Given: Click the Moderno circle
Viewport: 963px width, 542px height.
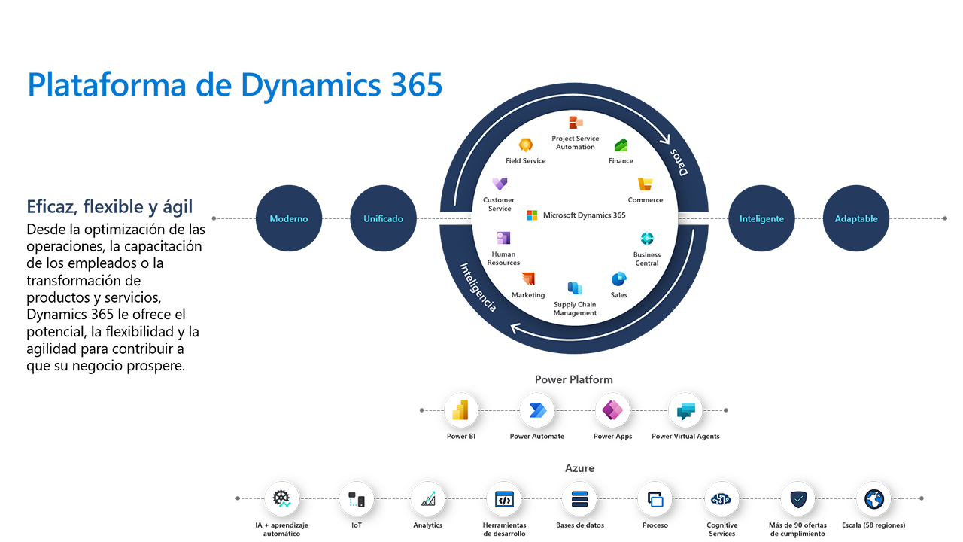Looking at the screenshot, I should point(289,218).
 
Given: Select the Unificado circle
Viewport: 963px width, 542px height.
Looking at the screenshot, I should point(384,218).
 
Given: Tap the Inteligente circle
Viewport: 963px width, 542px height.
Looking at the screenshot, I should point(761,218).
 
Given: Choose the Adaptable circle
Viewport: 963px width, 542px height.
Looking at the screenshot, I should point(856,218).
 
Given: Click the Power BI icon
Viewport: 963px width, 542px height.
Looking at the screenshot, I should point(461,411).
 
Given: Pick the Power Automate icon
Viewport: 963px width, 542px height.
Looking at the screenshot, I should point(536,411).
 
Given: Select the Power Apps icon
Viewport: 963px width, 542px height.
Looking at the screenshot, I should point(612,411).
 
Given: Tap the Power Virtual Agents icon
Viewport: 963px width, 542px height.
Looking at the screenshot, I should point(685,411).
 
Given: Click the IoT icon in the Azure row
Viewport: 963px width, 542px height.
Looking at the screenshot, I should point(356,499).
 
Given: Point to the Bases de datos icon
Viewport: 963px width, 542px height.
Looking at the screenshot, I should point(579,499).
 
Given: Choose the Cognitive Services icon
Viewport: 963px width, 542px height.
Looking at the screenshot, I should point(721,499).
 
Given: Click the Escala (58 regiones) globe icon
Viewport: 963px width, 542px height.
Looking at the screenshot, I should point(873,499).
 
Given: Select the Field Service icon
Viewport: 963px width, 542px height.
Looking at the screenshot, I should point(525,145).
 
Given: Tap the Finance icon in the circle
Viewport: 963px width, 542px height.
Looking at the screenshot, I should point(621,145).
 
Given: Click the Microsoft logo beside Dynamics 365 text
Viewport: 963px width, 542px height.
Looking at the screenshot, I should point(533,215).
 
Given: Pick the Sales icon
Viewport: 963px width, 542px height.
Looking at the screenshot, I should point(619,279).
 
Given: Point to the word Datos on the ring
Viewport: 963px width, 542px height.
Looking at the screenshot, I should point(679,161).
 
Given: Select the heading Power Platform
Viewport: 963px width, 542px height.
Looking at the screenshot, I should point(573,379).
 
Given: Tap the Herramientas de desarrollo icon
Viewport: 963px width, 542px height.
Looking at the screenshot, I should point(504,499).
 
